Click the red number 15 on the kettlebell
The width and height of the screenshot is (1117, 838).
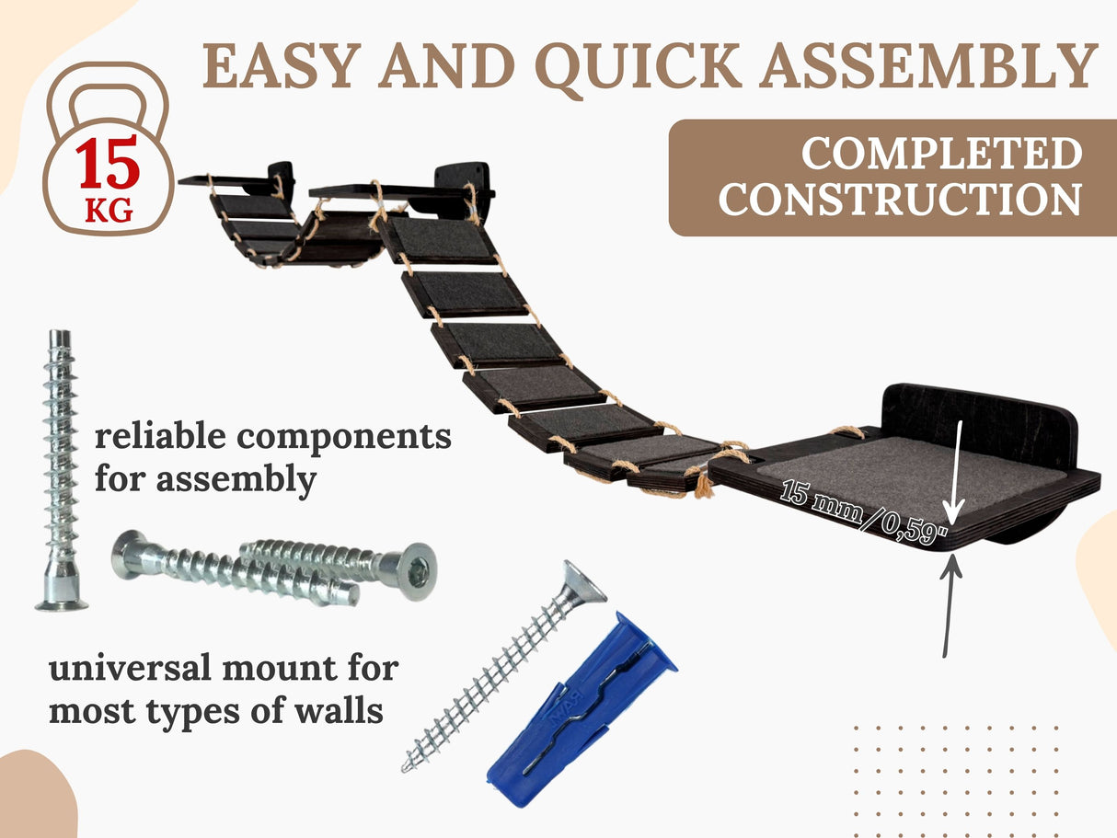pyautogui.click(x=108, y=161)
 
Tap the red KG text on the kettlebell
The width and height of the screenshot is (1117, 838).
pyautogui.click(x=109, y=210)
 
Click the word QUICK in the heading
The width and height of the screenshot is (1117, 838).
pyautogui.click(x=638, y=67)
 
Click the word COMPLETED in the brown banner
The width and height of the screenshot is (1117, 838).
pyautogui.click(x=942, y=153)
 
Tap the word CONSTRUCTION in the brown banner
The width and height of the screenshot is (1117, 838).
pyautogui.click(x=900, y=199)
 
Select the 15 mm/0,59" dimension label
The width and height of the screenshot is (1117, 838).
pyautogui.click(x=864, y=511)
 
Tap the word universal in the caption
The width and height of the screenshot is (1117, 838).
pyautogui.click(x=130, y=668)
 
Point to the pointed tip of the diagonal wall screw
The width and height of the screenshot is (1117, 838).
pyautogui.click(x=405, y=769)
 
